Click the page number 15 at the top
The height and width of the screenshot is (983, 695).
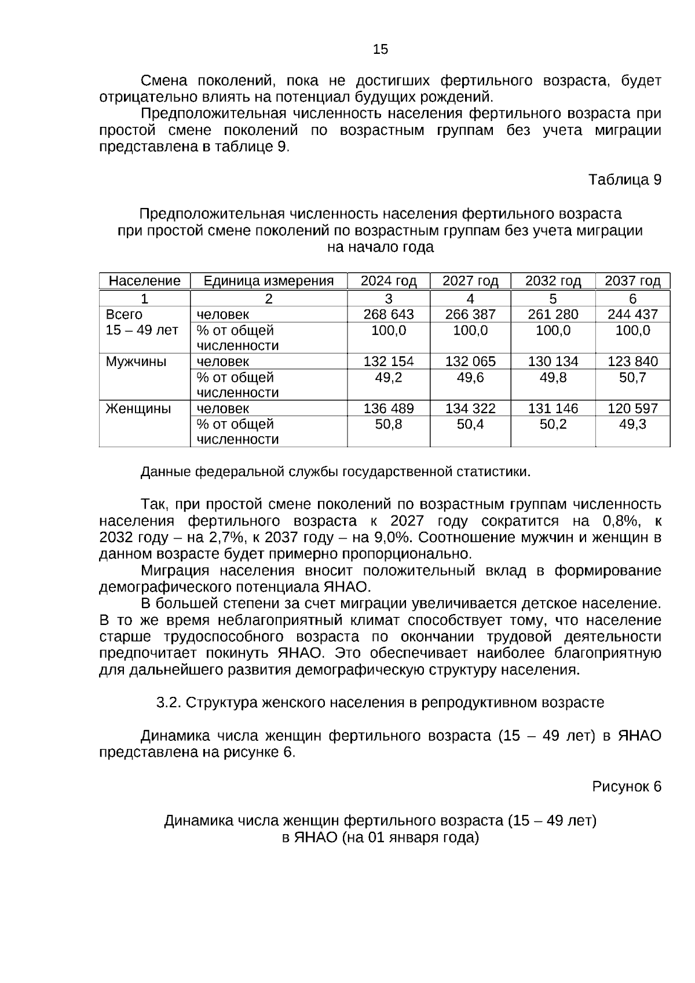(381, 50)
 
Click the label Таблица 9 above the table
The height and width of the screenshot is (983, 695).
(625, 180)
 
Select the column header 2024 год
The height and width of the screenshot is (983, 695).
(389, 281)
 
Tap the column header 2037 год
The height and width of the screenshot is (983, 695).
(632, 281)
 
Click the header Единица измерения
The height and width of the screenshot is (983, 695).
(269, 281)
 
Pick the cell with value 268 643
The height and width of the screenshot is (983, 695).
(389, 315)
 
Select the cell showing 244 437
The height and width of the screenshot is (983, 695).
(632, 315)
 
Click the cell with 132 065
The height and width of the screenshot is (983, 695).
(470, 361)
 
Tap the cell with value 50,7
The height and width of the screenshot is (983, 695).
(632, 378)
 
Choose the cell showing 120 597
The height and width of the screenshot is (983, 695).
(632, 408)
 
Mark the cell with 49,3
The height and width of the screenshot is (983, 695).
(632, 425)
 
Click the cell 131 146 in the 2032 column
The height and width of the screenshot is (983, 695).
(553, 408)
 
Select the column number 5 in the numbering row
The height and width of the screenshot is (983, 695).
(553, 299)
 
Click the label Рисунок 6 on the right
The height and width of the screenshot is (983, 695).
(626, 787)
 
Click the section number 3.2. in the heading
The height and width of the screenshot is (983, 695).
(169, 703)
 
